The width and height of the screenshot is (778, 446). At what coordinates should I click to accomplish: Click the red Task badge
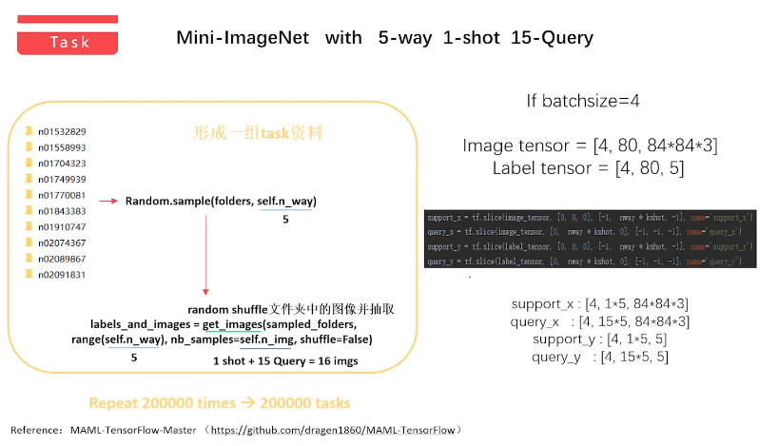[x=69, y=42]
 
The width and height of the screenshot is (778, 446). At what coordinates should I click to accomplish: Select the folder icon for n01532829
[x=29, y=131]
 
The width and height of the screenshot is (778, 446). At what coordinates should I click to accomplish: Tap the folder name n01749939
[x=62, y=179]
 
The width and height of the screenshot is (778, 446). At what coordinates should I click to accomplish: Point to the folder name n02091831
[x=62, y=275]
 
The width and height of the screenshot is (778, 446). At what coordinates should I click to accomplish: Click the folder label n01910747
[x=62, y=227]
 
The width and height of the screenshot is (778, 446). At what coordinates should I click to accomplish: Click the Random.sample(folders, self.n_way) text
[x=221, y=202]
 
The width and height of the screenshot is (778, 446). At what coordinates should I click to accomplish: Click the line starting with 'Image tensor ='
[x=590, y=146]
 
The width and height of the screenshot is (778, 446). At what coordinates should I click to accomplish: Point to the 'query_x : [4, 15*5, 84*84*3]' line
[x=600, y=321]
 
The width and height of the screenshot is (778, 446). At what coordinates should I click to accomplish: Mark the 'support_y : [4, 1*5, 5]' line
[x=600, y=339]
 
